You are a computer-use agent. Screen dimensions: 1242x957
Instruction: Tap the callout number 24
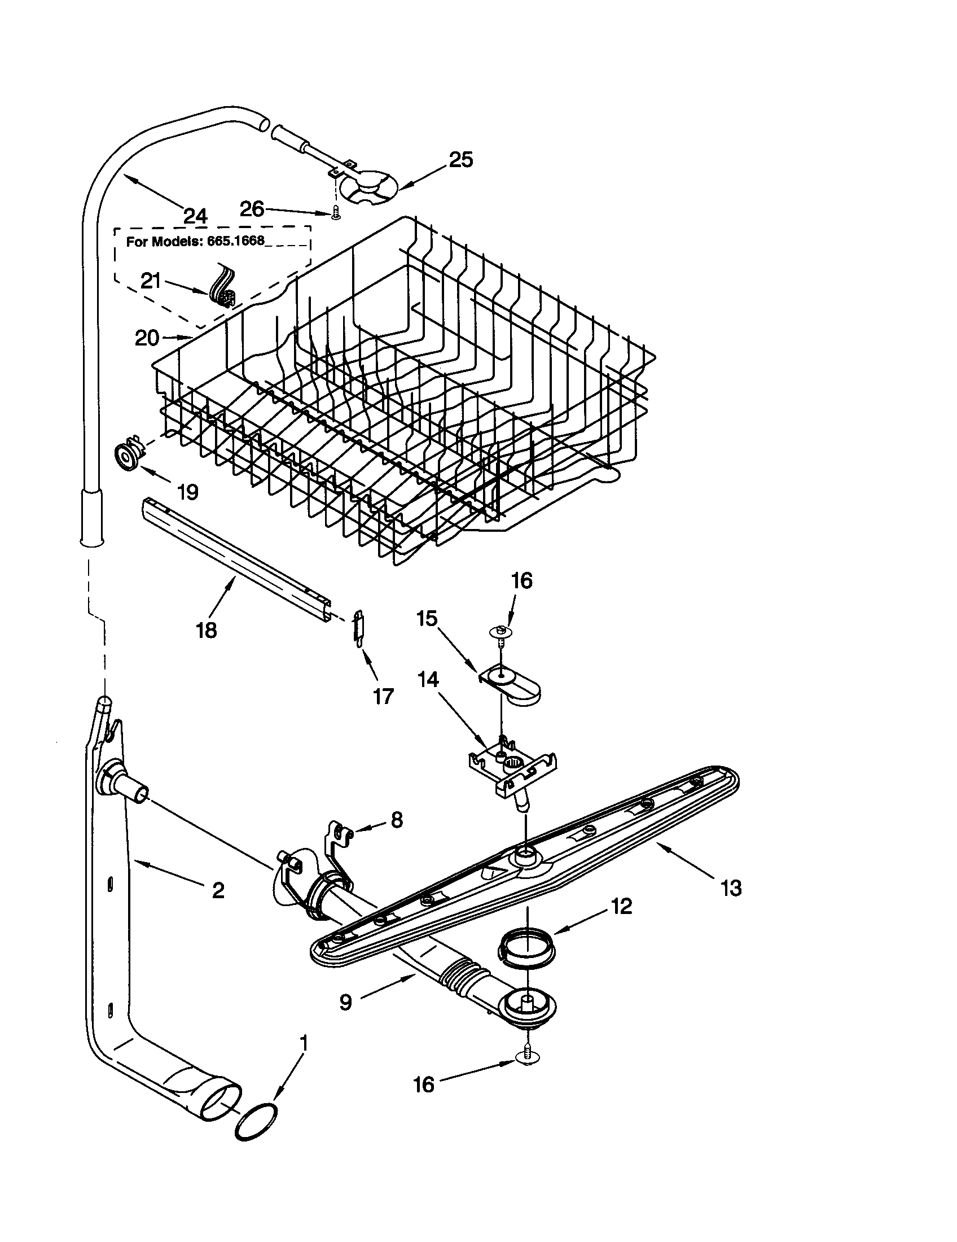pos(195,216)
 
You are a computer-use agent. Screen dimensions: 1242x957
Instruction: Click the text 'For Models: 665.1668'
pos(195,240)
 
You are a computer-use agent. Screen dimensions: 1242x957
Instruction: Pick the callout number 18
pos(207,629)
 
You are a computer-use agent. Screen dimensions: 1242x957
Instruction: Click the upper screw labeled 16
pos(499,633)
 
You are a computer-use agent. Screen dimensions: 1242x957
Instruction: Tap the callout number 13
pos(731,887)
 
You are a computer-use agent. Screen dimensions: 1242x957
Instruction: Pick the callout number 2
pos(218,890)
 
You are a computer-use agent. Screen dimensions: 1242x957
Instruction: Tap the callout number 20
pos(147,338)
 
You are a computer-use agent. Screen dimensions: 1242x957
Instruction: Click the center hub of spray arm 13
pos(526,865)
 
